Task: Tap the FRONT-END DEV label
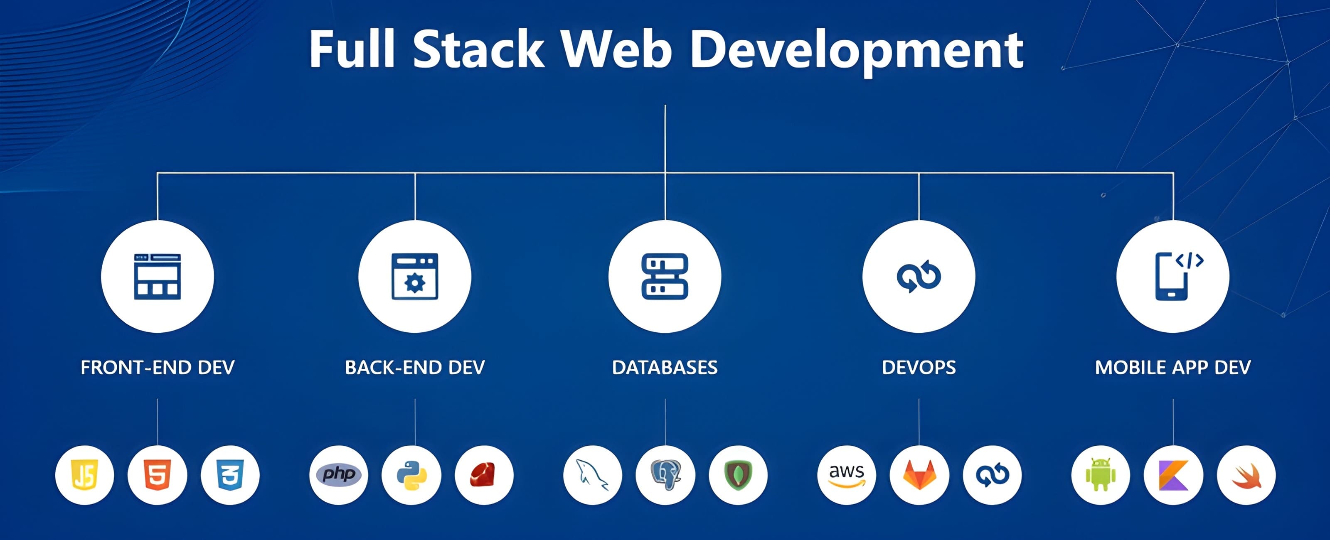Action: pos(158,368)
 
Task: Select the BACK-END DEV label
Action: pos(415,368)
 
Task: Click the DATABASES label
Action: pos(665,368)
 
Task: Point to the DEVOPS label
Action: pos(919,368)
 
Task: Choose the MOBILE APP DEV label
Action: pos(1172,368)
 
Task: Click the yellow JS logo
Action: pos(85,475)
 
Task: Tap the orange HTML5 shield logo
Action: pos(157,475)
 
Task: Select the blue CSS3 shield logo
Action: pos(230,475)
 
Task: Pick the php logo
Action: pos(339,474)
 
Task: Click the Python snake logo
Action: pos(411,475)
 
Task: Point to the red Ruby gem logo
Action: pos(484,475)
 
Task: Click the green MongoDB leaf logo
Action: pos(738,475)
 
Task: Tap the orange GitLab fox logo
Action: pos(919,475)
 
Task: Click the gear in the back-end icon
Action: pos(415,283)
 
